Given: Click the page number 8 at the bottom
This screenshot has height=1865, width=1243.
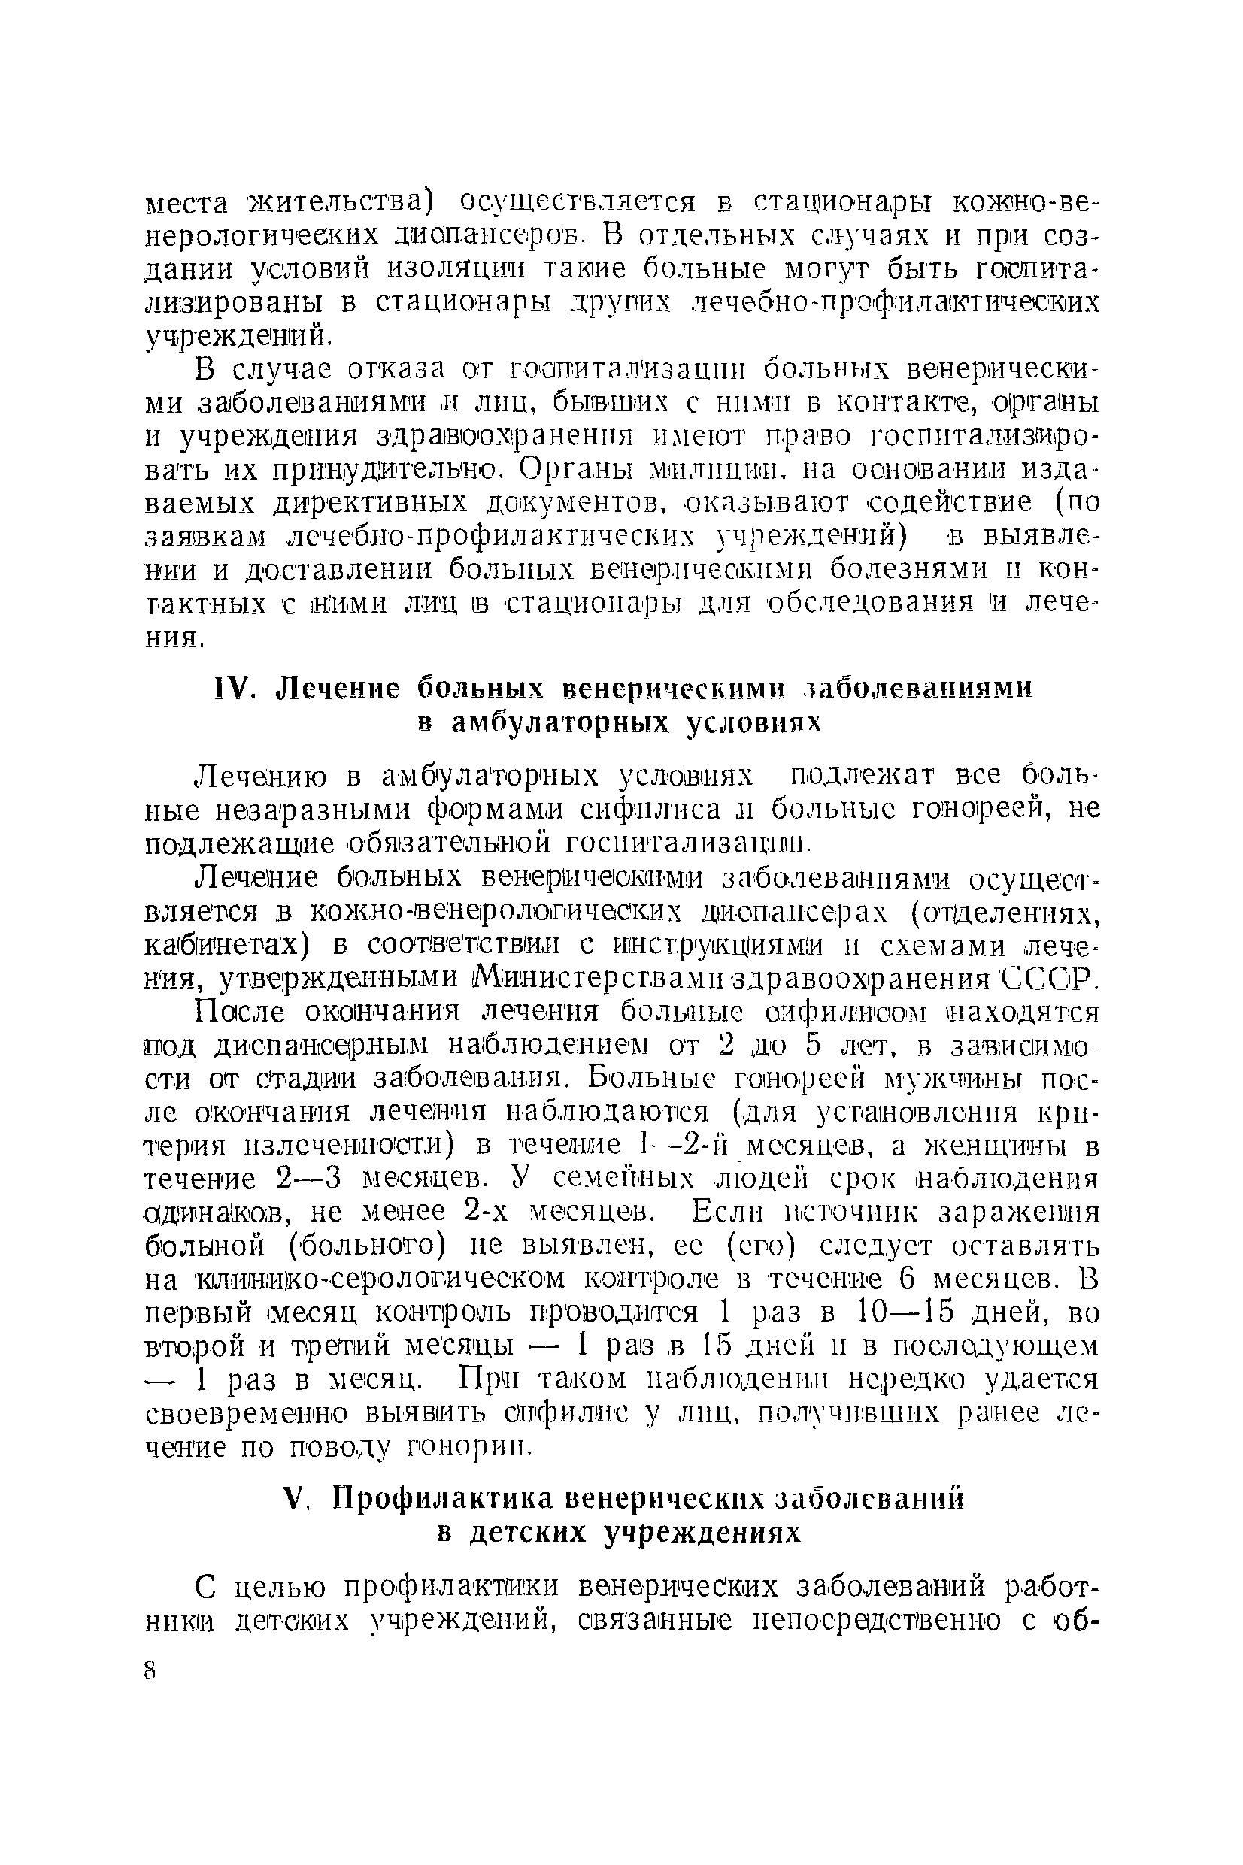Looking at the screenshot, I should pos(151,1671).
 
